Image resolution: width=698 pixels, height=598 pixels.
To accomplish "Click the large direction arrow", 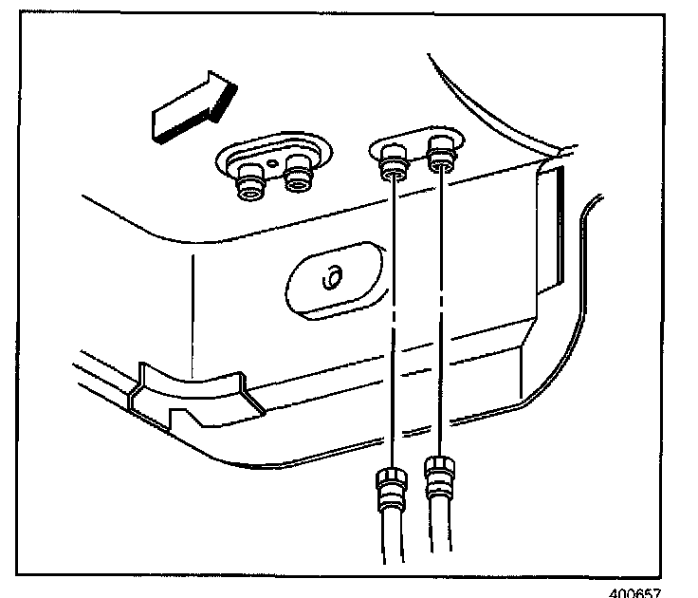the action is click(190, 107).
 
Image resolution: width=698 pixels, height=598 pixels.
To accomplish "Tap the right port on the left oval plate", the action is click(299, 178).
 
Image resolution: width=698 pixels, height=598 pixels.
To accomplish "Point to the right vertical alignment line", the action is click(440, 313).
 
